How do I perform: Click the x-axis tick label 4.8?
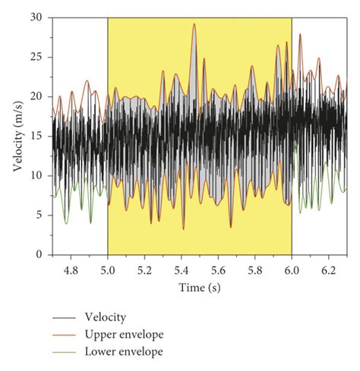(71, 269)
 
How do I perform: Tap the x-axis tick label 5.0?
(108, 269)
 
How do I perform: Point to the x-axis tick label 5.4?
(182, 269)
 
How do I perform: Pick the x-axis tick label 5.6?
(218, 269)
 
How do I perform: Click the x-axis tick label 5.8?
(255, 269)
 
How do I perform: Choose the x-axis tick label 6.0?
(292, 269)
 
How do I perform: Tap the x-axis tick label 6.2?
(329, 269)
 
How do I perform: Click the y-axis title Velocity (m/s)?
(17, 137)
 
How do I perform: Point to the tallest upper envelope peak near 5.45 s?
(194, 24)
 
